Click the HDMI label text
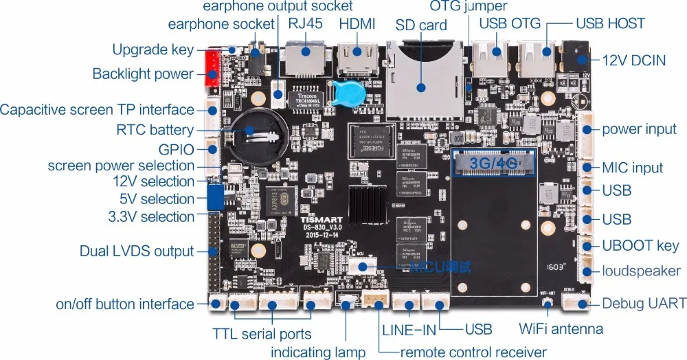357,24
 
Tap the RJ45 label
306,24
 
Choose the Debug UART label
644,304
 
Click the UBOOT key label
640,245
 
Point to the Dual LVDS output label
137,251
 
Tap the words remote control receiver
473,352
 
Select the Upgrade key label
153,50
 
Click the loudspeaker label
642,271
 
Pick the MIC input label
632,168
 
